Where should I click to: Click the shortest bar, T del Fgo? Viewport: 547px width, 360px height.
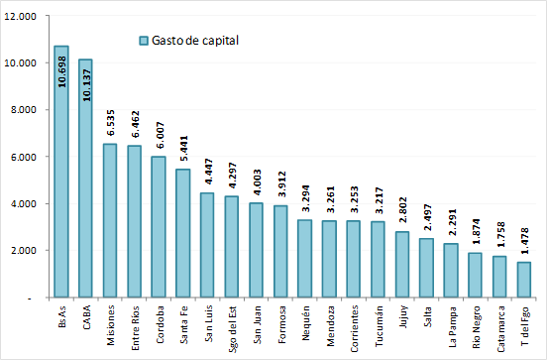point(523,280)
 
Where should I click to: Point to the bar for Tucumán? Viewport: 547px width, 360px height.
point(378,259)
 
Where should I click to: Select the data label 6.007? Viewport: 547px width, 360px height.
point(159,136)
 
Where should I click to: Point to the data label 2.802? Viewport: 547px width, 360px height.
point(401,211)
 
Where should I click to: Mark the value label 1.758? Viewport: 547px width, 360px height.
point(498,235)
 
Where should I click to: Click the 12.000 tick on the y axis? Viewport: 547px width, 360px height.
point(21,16)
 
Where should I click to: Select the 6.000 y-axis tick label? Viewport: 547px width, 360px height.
point(23,157)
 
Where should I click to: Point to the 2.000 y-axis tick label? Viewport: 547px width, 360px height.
point(23,251)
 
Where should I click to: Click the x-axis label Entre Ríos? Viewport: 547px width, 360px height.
point(135,322)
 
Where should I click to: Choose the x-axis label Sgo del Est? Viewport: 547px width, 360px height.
point(232,323)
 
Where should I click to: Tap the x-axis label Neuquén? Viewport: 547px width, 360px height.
point(304,319)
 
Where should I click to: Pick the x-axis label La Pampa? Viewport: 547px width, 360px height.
point(450,320)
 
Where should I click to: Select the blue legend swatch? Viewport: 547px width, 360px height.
point(144,41)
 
